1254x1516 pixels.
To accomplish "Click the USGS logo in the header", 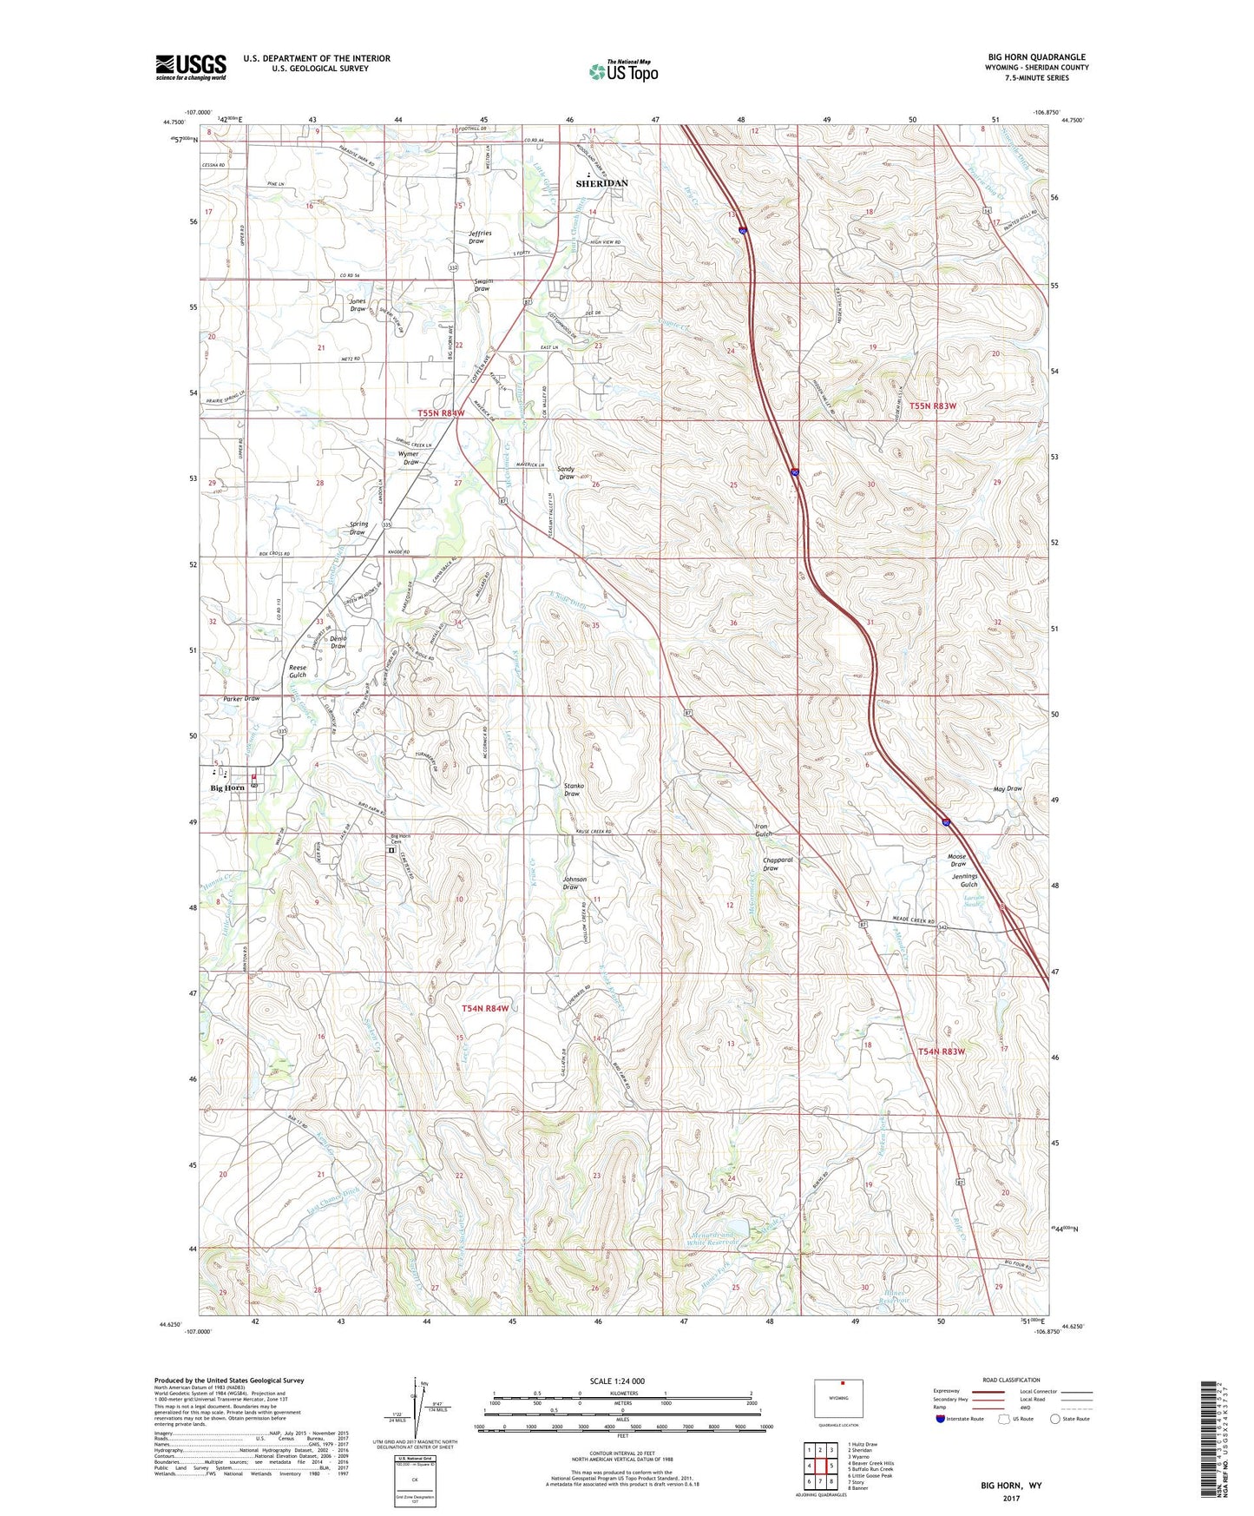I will tap(191, 66).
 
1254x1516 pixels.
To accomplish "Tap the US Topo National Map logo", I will tap(621, 70).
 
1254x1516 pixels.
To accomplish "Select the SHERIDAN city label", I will tap(601, 184).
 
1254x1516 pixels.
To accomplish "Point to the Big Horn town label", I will tap(227, 788).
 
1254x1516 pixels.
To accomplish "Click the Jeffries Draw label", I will tap(480, 237).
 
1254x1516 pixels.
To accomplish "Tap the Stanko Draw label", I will tap(572, 789).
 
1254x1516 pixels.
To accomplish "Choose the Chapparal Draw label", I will tap(778, 864).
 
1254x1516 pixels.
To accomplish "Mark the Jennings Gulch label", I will tap(962, 880).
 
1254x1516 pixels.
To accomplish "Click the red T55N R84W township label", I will tap(441, 413).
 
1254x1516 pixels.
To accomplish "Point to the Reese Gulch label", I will tap(298, 671).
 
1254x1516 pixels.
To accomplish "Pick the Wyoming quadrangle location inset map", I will tap(838, 1401).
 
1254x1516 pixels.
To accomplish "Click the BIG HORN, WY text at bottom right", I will tap(1011, 1486).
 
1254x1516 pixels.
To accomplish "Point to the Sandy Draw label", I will tap(567, 473).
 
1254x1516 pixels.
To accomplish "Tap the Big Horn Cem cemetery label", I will tap(399, 840).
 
